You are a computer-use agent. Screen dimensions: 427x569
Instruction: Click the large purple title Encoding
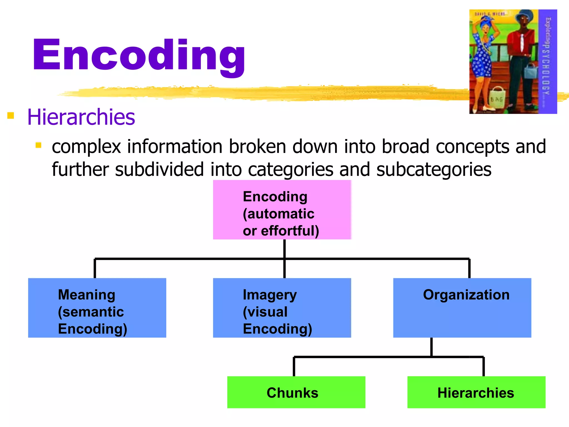tap(139, 56)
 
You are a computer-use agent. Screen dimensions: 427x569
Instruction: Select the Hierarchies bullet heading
tap(81, 117)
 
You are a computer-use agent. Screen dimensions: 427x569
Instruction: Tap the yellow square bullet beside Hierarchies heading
tap(11, 115)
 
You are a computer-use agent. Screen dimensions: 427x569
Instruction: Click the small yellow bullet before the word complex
tap(39, 145)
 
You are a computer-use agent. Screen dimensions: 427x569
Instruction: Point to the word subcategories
tap(434, 169)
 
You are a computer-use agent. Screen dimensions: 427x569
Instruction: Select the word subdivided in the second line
tap(159, 169)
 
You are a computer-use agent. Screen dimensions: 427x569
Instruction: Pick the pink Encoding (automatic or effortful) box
tap(282, 210)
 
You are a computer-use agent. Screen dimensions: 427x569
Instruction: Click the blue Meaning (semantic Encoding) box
tap(97, 308)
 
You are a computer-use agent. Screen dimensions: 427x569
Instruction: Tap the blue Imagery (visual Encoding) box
tap(282, 308)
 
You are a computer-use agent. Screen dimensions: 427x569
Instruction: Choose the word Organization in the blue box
tap(466, 295)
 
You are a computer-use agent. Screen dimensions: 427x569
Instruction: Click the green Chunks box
tap(296, 392)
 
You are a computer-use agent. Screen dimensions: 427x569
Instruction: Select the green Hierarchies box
tap(476, 392)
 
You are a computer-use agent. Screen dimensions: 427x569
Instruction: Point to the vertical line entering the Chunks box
tap(294, 367)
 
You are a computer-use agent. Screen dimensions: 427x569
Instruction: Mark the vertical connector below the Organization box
tap(431, 347)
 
